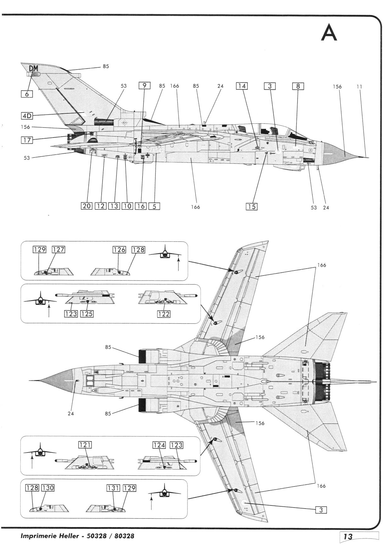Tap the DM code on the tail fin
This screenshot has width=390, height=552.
point(33,68)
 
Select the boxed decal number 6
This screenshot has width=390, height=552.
point(27,94)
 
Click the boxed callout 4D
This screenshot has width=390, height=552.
point(27,116)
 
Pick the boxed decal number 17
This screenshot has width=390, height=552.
point(27,139)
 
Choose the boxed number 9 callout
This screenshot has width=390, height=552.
point(145,86)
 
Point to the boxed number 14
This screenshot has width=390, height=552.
point(242,86)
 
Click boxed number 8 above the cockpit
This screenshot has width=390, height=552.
point(298,86)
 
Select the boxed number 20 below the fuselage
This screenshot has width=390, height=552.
point(86,206)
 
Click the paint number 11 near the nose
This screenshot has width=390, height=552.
point(359,86)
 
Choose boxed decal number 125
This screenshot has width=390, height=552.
point(87,314)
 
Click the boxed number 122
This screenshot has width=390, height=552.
point(164,314)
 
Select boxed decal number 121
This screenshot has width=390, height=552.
point(85,445)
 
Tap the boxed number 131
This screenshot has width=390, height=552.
point(113,488)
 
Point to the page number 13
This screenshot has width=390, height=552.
point(348,537)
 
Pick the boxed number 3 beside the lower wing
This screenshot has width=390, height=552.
point(321,510)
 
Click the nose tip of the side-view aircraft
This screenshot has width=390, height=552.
point(369,157)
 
